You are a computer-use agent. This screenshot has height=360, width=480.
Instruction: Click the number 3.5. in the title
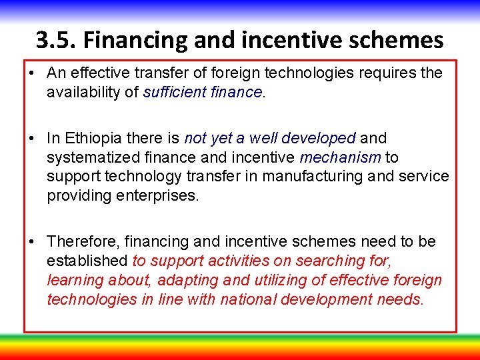point(56,41)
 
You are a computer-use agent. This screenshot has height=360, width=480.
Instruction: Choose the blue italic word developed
point(319,138)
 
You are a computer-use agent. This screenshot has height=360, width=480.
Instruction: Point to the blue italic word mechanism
point(340,157)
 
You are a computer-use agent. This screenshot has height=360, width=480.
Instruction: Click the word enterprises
point(159,196)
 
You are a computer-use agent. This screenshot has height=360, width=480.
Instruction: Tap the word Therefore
point(79,241)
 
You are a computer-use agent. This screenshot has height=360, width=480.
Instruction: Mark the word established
point(87,260)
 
